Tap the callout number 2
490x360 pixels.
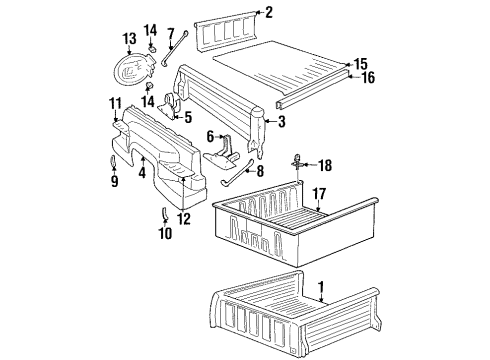(x=269, y=12)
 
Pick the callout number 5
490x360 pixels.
(x=186, y=117)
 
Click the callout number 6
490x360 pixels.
(x=211, y=137)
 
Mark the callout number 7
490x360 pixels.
(x=171, y=34)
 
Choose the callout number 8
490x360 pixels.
(x=262, y=170)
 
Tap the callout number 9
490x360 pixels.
(x=113, y=182)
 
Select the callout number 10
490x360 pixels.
(x=165, y=233)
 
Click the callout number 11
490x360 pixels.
(x=115, y=104)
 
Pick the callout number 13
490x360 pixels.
(x=129, y=39)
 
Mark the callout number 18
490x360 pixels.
(x=325, y=164)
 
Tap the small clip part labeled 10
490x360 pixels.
(x=164, y=213)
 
